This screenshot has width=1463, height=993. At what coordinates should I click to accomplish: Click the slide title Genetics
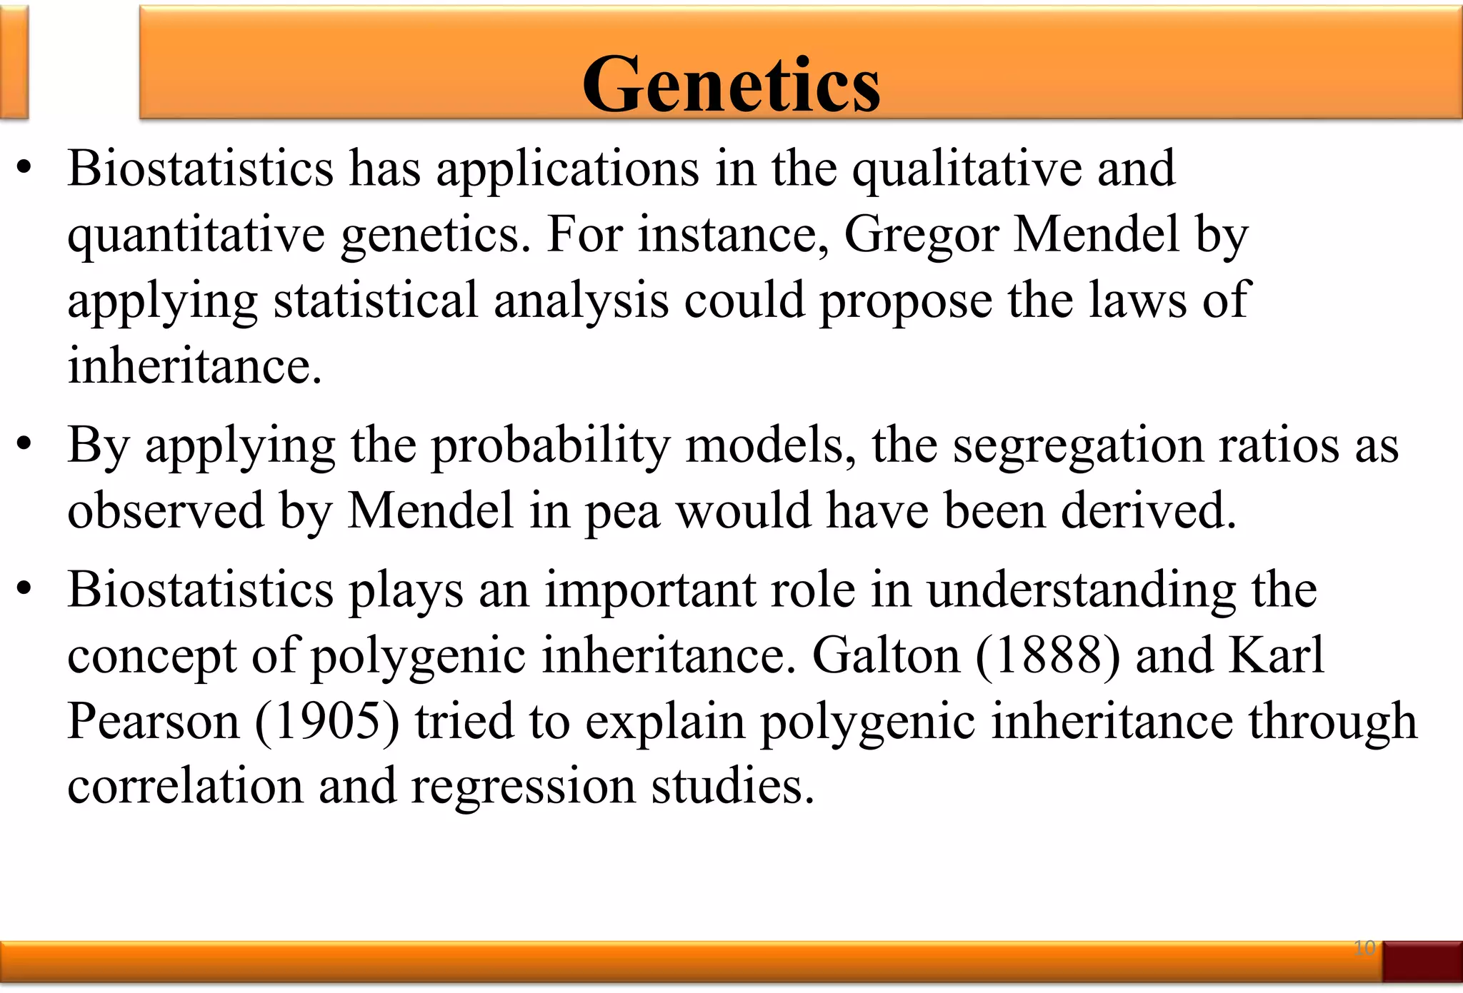731,84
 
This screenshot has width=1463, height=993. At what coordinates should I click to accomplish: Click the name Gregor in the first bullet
921,235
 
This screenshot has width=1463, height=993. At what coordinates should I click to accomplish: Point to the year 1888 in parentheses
1047,655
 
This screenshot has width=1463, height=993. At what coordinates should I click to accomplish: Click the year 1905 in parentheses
327,721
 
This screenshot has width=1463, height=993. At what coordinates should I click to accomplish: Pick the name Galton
886,655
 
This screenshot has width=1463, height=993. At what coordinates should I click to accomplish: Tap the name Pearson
154,721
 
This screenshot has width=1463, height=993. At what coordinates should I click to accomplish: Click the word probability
550,446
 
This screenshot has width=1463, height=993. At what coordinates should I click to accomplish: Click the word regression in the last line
523,787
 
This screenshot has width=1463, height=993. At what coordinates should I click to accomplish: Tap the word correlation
185,787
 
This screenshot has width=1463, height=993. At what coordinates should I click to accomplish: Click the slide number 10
1364,948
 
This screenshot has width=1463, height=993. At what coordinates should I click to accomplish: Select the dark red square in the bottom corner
1422,961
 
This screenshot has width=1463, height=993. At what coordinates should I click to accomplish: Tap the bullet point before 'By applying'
24,445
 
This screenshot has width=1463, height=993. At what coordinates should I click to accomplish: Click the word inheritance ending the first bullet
194,366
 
